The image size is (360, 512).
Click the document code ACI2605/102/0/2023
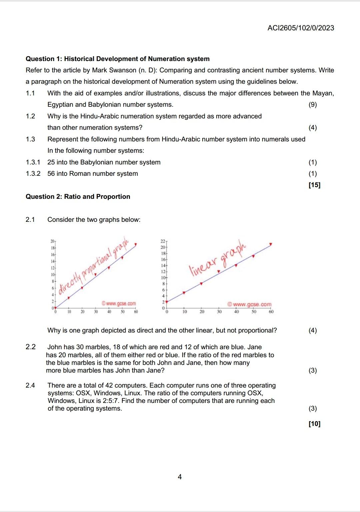pyautogui.click(x=300, y=28)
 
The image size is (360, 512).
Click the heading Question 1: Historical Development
pyautogui.click(x=117, y=59)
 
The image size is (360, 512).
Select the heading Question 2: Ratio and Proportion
pyautogui.click(x=78, y=197)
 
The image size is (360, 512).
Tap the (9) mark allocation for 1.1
pyautogui.click(x=312, y=105)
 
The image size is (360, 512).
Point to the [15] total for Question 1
pyautogui.click(x=314, y=185)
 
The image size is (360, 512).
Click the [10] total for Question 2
pyautogui.click(x=314, y=424)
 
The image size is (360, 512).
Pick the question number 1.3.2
pyautogui.click(x=33, y=174)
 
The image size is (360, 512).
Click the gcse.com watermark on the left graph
pyautogui.click(x=119, y=304)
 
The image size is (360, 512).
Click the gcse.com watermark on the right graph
pyautogui.click(x=250, y=305)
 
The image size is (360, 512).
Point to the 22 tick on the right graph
pyautogui.click(x=163, y=241)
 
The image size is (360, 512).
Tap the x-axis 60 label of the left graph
pyautogui.click(x=136, y=312)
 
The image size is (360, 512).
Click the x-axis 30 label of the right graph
pyautogui.click(x=219, y=312)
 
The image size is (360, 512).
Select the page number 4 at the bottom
pyautogui.click(x=180, y=477)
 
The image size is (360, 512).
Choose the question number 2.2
pyautogui.click(x=30, y=347)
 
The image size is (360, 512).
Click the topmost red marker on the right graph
pyautogui.click(x=271, y=244)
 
